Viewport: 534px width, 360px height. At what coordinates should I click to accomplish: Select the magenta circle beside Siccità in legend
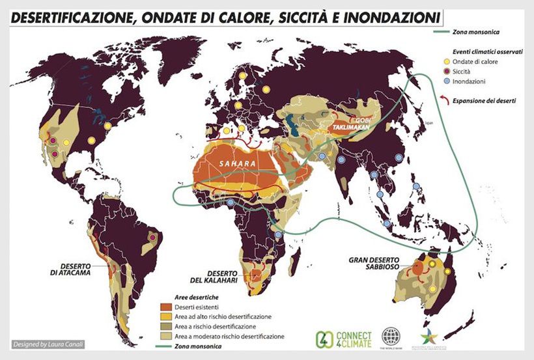point(447,72)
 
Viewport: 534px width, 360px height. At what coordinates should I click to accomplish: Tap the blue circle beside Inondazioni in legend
point(447,81)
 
